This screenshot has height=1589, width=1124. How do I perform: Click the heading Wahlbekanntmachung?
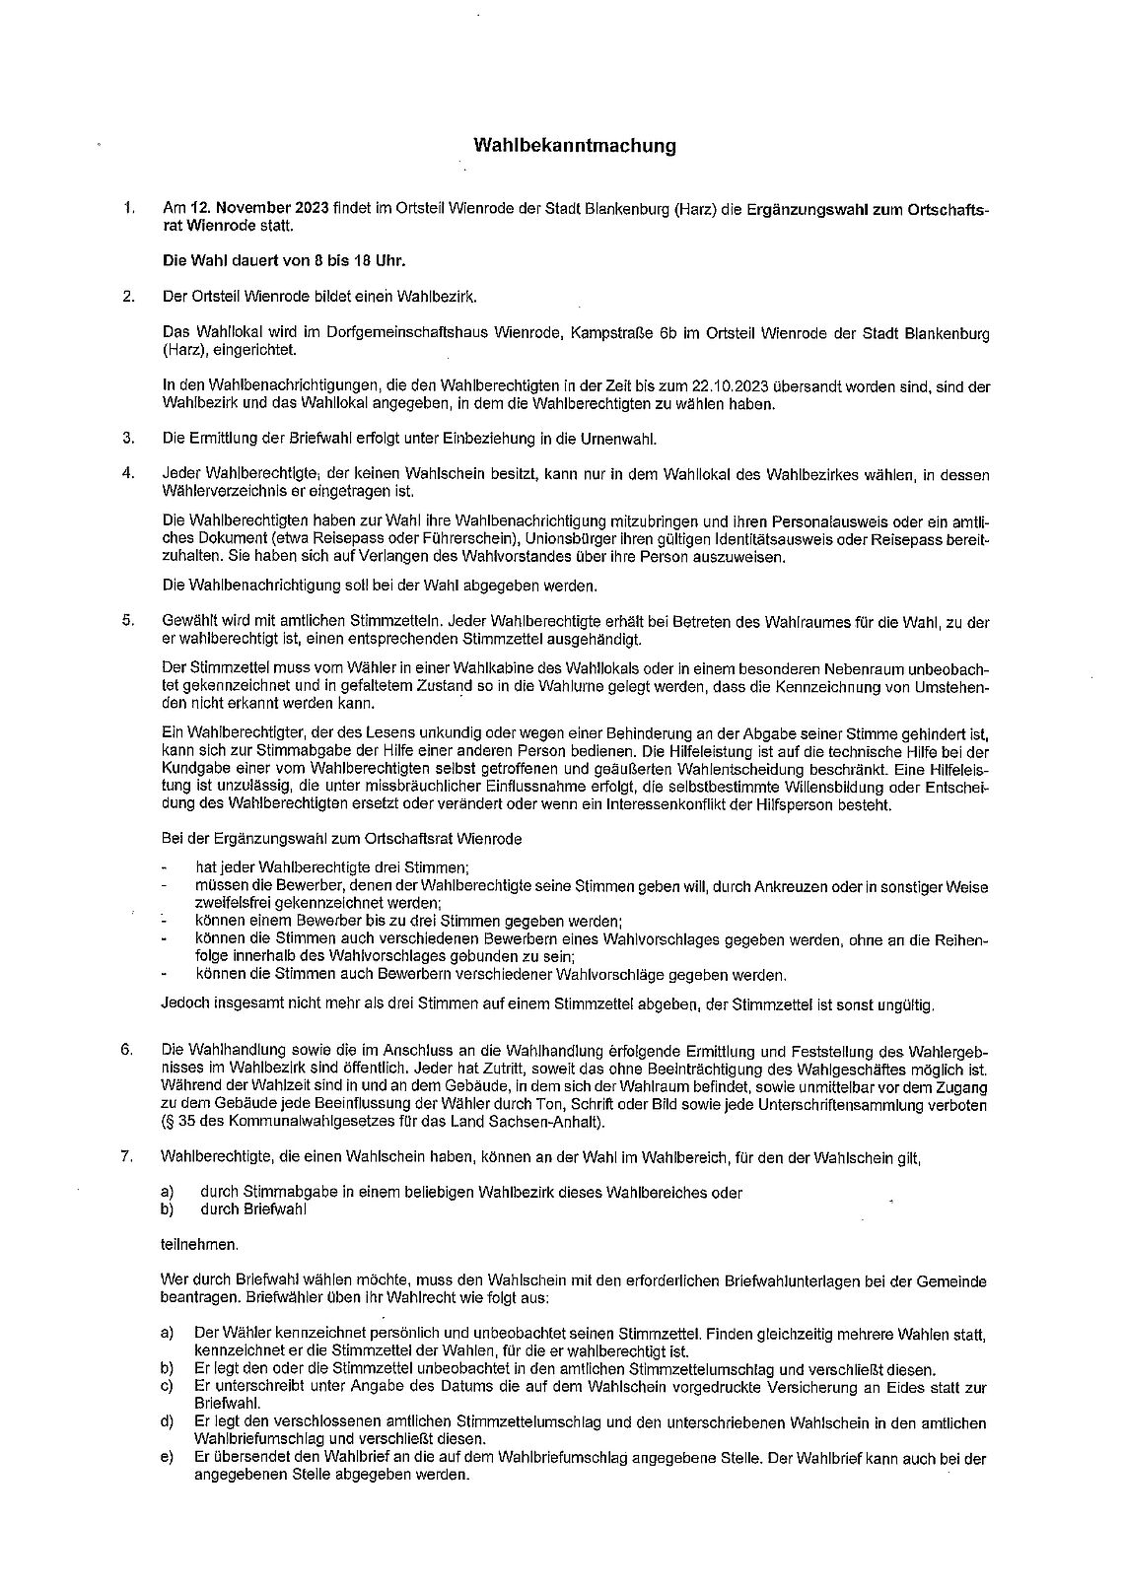[x=575, y=146]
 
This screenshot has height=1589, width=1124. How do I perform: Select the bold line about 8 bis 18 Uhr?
[x=283, y=261]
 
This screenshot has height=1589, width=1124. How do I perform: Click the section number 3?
[x=127, y=438]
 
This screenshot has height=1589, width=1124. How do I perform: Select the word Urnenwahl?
[x=618, y=438]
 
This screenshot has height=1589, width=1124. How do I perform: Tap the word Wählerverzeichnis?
[x=218, y=491]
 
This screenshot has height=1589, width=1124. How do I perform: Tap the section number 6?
[x=127, y=1049]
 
